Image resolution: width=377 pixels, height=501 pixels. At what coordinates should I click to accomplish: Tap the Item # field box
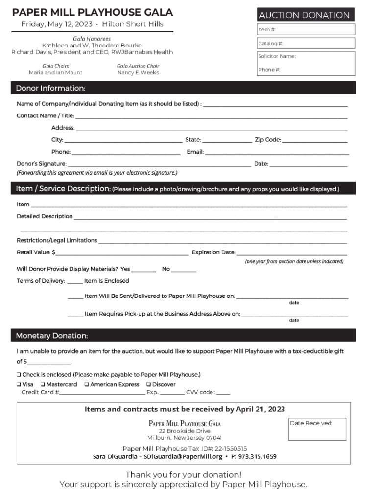coord(306,30)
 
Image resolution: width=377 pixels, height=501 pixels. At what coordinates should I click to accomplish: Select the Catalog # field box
coord(306,44)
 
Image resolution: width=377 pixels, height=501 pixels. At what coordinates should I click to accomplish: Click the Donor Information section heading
coord(50,88)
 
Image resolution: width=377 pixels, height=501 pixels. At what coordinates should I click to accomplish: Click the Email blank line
coord(277,153)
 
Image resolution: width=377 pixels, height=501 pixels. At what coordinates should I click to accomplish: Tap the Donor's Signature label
coord(42,164)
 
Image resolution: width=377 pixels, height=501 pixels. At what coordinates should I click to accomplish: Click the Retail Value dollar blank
coord(122,253)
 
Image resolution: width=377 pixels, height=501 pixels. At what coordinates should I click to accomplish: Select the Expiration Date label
coord(213,253)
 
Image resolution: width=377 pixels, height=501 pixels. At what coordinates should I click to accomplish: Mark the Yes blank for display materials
coord(144,270)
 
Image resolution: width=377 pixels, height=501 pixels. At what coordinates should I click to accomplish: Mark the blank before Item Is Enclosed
coord(75,282)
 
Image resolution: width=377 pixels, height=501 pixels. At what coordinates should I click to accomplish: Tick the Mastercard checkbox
coord(43,385)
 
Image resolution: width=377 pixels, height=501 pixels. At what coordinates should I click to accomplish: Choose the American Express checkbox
coord(87,385)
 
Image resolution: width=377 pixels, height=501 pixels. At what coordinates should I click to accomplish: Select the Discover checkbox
coord(148,385)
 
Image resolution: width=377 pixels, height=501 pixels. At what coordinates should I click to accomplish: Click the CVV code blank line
coord(223,393)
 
